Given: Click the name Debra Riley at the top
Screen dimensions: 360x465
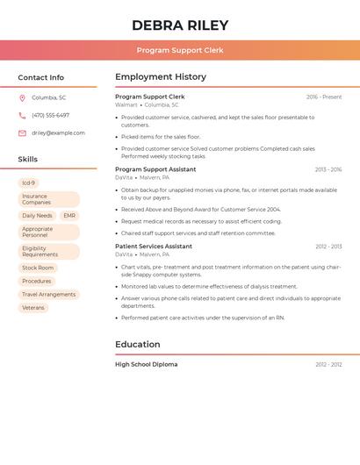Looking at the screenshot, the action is [x=180, y=25].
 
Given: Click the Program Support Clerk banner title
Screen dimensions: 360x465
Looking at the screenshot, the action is [x=180, y=51].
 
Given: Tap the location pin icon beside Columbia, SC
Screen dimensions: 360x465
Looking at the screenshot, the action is [x=22, y=97].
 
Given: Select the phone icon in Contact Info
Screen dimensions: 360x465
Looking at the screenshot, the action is [x=22, y=115].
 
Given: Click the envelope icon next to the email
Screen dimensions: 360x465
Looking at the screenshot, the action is [x=22, y=133].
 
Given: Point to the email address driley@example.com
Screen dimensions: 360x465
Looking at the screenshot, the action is [x=58, y=133].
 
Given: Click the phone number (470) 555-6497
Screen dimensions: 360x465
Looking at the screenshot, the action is [x=50, y=115].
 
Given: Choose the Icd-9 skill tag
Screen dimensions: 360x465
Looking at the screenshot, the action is [x=29, y=183].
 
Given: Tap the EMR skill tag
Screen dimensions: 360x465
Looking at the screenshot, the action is [x=69, y=216].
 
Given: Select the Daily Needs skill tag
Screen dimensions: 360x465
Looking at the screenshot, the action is [x=37, y=216].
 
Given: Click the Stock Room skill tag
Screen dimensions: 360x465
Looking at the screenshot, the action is [x=38, y=268].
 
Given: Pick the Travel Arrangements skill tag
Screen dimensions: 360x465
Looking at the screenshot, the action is [x=48, y=295].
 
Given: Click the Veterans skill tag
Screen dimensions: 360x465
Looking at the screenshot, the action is [x=33, y=308].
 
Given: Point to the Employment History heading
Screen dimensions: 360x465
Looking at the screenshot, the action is [x=161, y=77].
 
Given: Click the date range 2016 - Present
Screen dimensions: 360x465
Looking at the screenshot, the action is [x=324, y=97].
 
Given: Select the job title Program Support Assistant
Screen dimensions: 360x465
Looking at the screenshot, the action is [x=155, y=169].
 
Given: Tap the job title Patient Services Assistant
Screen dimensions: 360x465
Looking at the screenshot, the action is [x=154, y=247].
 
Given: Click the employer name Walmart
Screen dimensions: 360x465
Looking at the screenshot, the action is [x=126, y=104].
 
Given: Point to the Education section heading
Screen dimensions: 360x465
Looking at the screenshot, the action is [x=139, y=345].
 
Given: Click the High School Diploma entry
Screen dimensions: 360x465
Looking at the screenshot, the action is [x=146, y=364].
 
